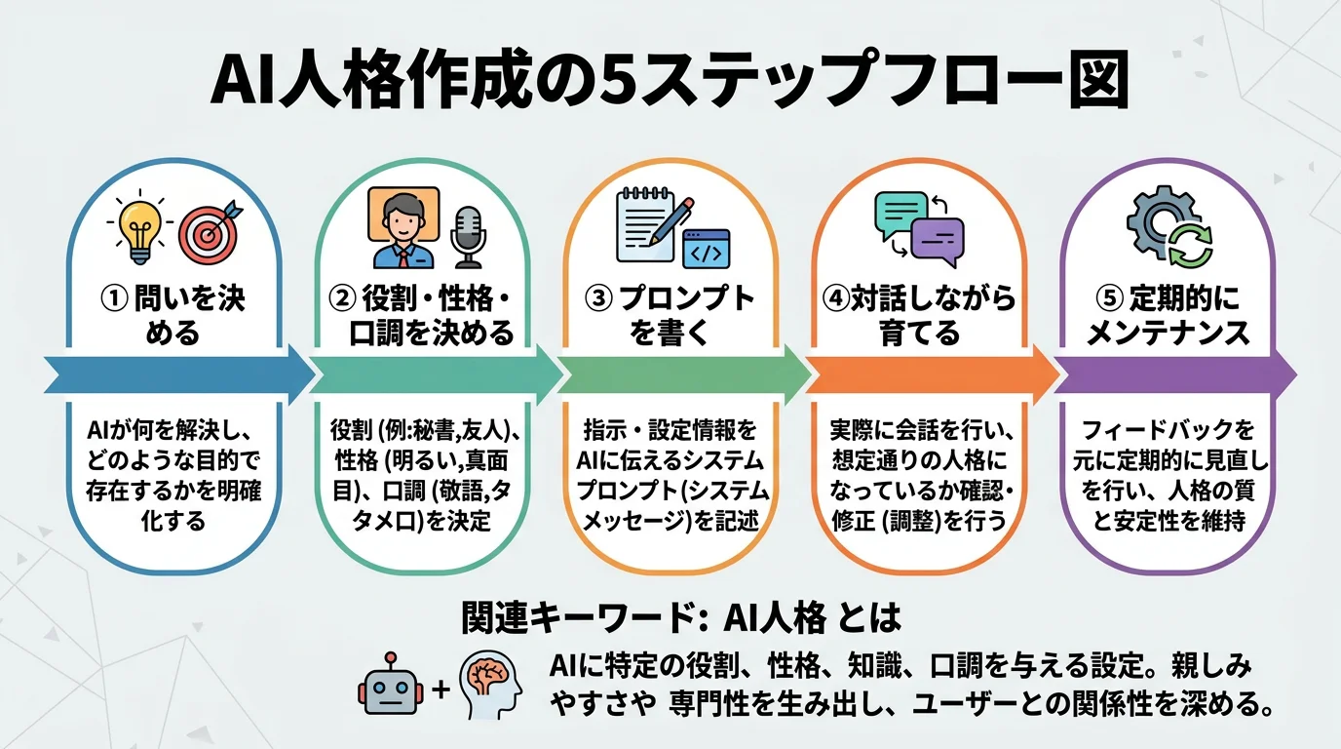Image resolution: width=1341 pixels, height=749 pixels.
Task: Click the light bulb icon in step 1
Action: click(x=138, y=230)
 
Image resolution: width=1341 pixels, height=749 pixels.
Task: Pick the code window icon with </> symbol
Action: click(x=706, y=249)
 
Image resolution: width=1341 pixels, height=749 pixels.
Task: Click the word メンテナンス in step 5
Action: click(x=1168, y=334)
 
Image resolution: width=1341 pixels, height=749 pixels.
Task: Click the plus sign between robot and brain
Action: click(x=440, y=689)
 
